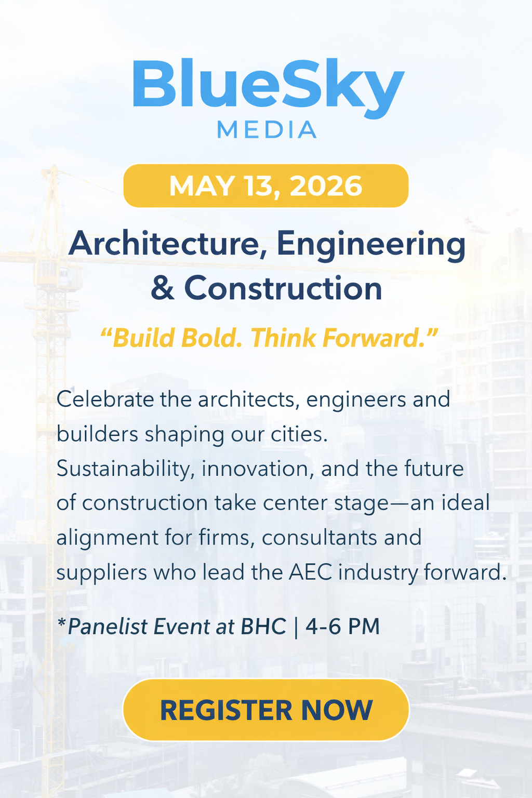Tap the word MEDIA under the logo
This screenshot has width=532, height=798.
pyautogui.click(x=266, y=130)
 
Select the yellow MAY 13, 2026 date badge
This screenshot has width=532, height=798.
pyautogui.click(x=266, y=186)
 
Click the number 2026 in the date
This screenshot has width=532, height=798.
pyautogui.click(x=326, y=186)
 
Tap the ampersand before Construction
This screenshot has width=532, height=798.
pyautogui.click(x=162, y=289)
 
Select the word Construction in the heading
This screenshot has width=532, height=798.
pyautogui.click(x=283, y=289)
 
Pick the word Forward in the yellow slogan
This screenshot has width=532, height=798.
pyautogui.click(x=376, y=338)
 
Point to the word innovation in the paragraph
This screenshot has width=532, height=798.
pyautogui.click(x=258, y=469)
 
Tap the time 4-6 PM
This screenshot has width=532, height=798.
pyautogui.click(x=342, y=627)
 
